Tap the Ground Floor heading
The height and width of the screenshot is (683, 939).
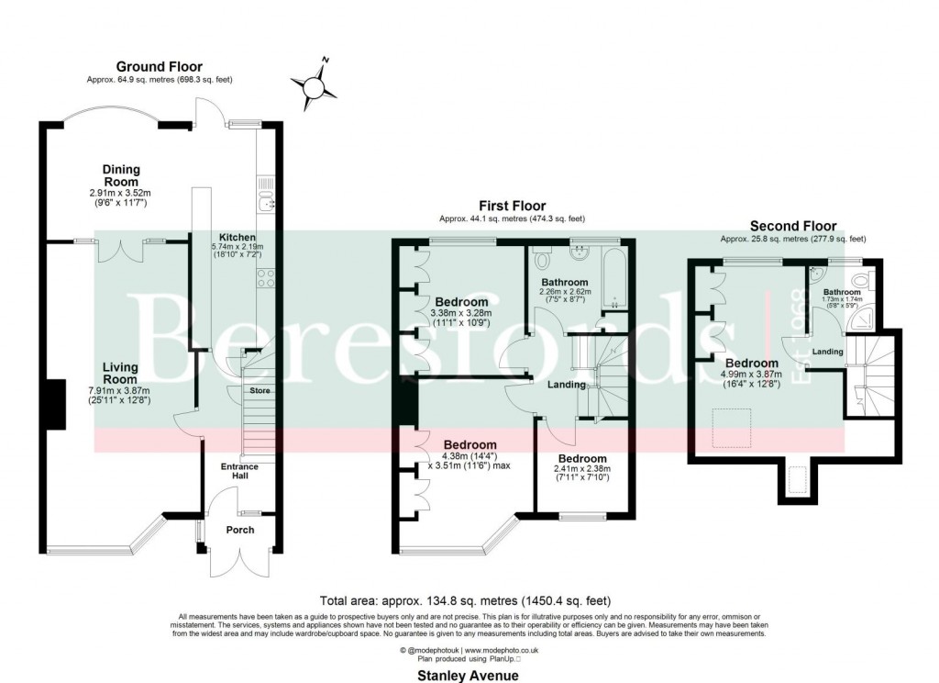click(x=159, y=66)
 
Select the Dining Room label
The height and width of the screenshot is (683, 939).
click(x=121, y=175)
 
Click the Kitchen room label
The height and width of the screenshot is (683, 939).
click(x=237, y=238)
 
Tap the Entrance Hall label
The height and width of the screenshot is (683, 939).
click(x=239, y=472)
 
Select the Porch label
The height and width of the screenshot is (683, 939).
click(x=240, y=530)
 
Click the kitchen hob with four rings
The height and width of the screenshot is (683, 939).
click(x=268, y=278)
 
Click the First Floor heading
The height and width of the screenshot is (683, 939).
click(x=512, y=206)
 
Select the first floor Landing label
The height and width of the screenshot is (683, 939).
click(x=567, y=385)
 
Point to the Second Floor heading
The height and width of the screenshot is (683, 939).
click(x=793, y=226)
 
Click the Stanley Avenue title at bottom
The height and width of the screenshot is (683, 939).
click(x=468, y=675)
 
